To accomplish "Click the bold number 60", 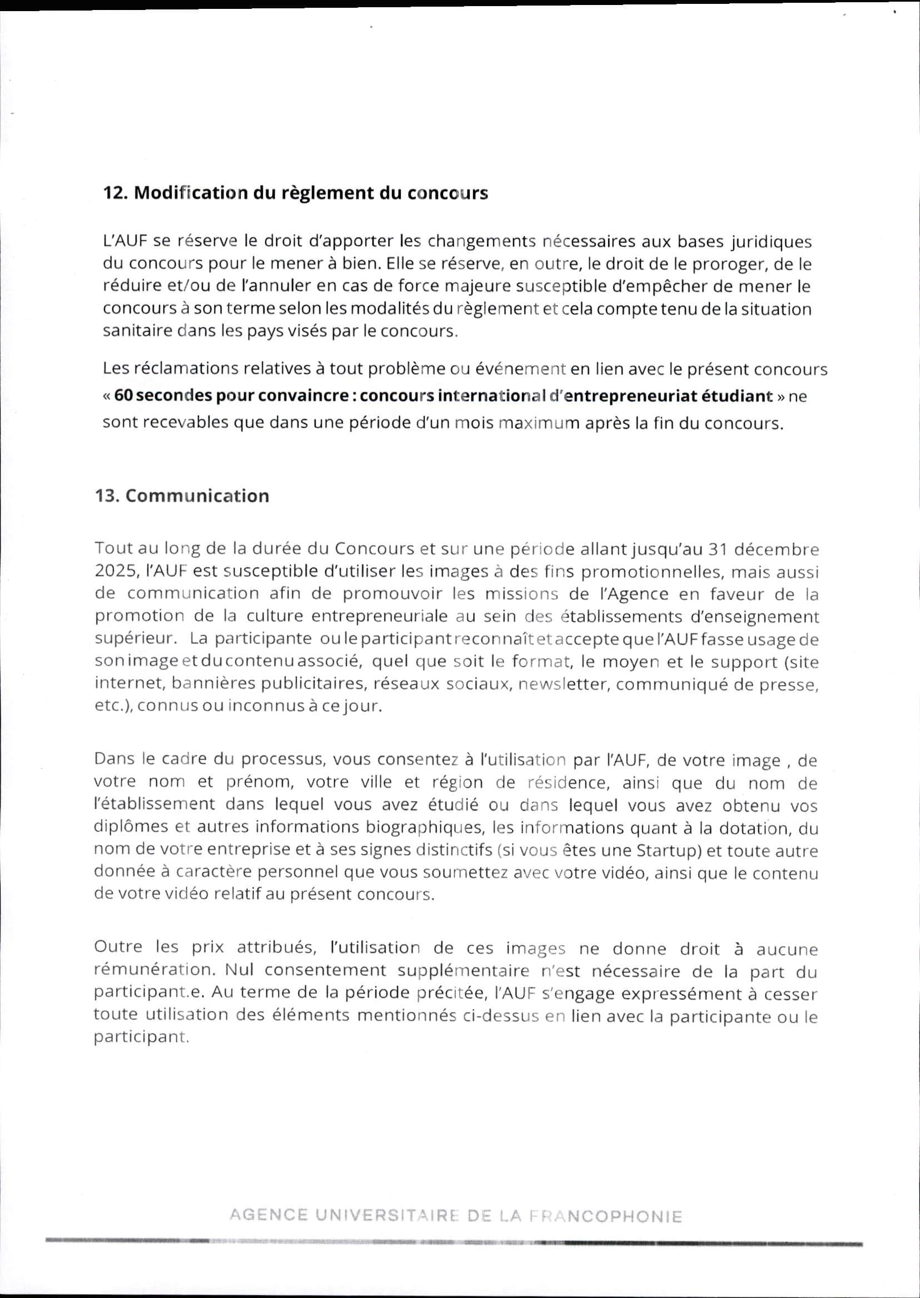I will (123, 396).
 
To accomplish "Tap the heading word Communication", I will (197, 496).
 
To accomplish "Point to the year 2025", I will (115, 572).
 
